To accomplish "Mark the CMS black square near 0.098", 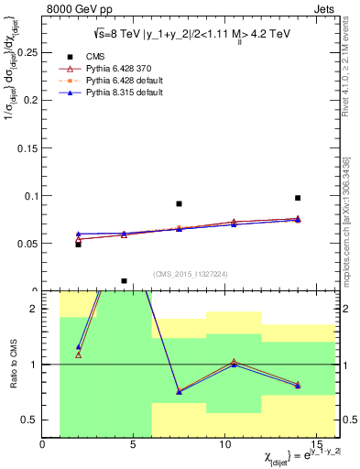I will pos(298,198).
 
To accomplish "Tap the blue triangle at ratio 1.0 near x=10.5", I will pos(235,365).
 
